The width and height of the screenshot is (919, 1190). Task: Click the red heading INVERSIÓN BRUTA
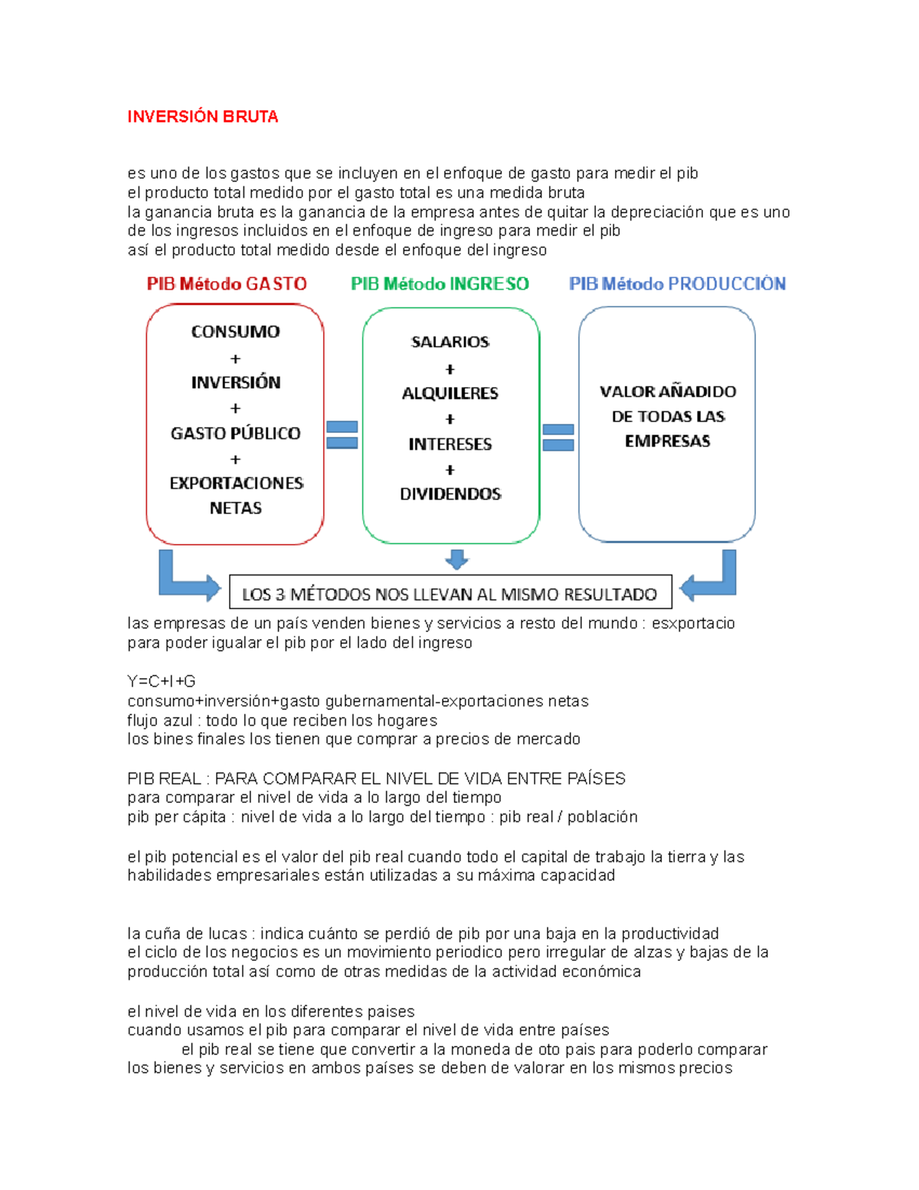coord(202,116)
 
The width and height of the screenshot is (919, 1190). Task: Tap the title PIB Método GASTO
coord(227,284)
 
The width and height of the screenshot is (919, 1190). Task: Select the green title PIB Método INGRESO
coord(440,284)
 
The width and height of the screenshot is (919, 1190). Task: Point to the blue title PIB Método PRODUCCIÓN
coord(677,284)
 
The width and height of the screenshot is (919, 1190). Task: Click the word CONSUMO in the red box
coord(235,332)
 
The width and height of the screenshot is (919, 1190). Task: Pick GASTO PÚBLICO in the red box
coord(235,433)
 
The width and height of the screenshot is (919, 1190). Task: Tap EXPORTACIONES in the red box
coord(236,484)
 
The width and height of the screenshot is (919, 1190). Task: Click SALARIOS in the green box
coord(450,342)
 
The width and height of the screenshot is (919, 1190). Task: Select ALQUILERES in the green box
coord(450,393)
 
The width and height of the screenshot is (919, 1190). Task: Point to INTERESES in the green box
coord(450,444)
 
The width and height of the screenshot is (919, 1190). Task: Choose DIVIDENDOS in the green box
coord(450,494)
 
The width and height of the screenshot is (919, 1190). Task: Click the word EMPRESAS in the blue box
coord(667,441)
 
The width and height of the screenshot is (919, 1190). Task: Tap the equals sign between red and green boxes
coord(342,434)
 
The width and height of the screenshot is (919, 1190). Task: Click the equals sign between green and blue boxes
coord(558,438)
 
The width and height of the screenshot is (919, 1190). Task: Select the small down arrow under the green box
coord(456,559)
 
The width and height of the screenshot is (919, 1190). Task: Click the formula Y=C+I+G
coord(162,681)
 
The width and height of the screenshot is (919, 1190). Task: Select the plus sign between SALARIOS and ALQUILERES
coord(450,369)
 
